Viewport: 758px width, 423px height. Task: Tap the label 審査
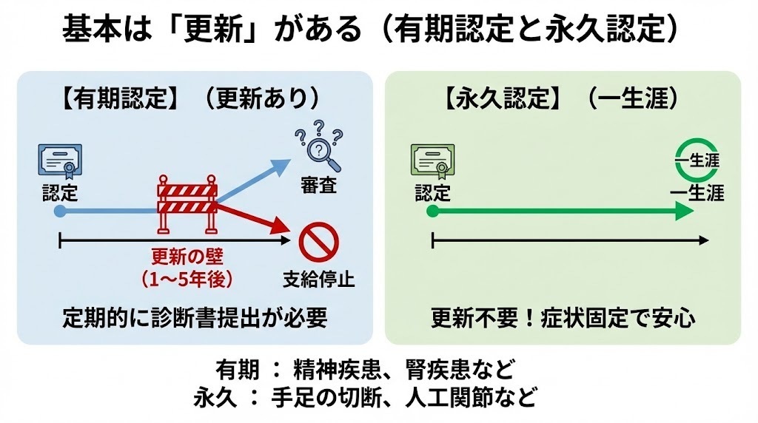319,185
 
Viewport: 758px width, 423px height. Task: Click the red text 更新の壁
187,257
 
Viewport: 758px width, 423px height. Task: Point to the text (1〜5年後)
187,279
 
